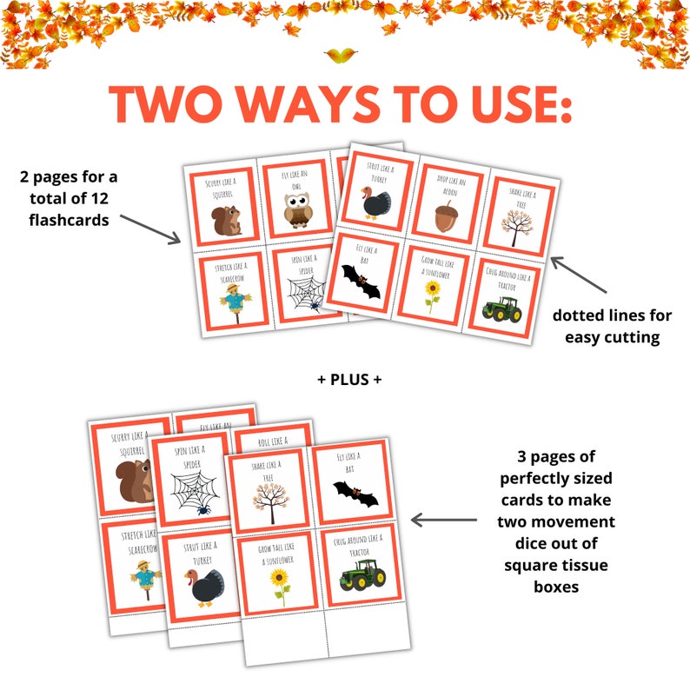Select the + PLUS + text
(x=346, y=379)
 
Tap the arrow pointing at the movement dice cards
(x=443, y=520)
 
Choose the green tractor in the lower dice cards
(x=358, y=574)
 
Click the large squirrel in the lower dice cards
(x=134, y=481)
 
